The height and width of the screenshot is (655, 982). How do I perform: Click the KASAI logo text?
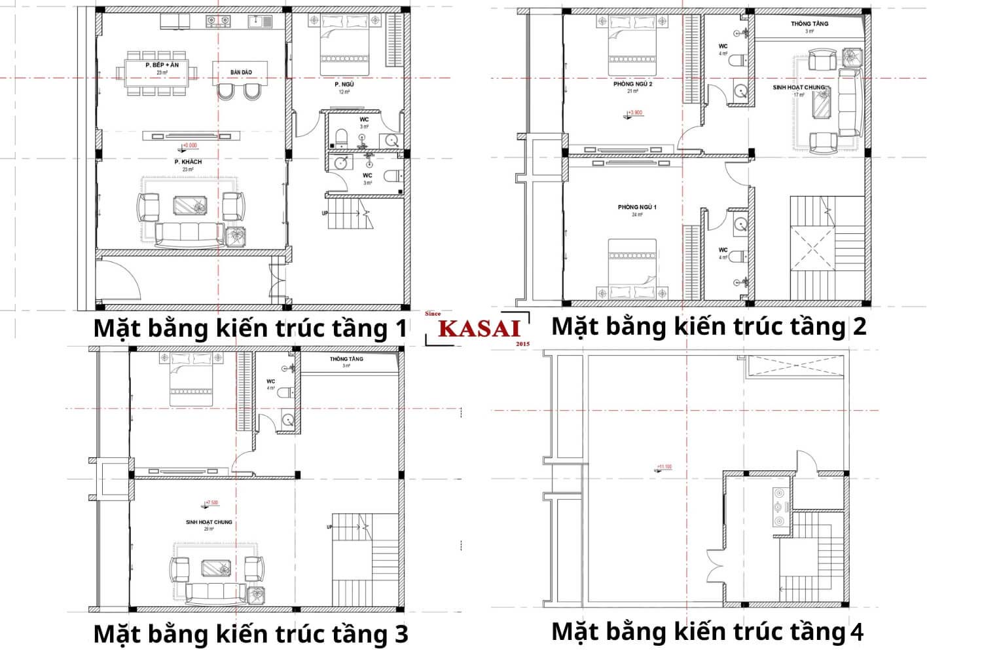coord(479,328)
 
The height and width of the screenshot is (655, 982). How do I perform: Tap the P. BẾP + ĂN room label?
coord(162,65)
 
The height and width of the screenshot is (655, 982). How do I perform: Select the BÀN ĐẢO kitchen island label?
coord(241,72)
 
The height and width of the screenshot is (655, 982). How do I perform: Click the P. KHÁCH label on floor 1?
coord(188,162)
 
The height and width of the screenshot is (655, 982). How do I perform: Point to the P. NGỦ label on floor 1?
coord(344,84)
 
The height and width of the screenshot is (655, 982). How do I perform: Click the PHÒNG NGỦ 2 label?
coord(632,84)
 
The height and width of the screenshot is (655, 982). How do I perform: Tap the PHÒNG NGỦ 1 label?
coord(636,208)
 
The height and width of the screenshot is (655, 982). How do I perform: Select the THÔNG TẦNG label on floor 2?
coord(809,24)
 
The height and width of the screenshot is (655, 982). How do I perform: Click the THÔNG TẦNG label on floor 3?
coord(346,359)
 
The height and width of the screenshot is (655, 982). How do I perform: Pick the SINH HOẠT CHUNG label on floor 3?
coord(209,522)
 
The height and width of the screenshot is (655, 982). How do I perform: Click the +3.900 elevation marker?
coord(634,113)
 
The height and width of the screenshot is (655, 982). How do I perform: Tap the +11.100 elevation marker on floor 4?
coord(664,468)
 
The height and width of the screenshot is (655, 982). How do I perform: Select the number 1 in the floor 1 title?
coord(399,329)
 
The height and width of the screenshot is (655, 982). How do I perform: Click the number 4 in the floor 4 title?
coord(856,632)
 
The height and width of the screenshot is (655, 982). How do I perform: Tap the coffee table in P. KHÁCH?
coord(191,206)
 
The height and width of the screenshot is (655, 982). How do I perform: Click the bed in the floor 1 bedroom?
coord(345,45)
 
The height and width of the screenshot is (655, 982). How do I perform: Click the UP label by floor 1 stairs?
coord(325,214)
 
